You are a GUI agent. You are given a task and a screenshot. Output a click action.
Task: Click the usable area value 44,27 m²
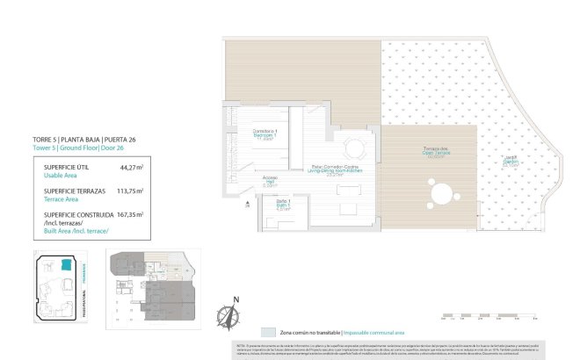click(x=131, y=166)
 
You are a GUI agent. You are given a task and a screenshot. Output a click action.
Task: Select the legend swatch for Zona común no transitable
click(x=267, y=333)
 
